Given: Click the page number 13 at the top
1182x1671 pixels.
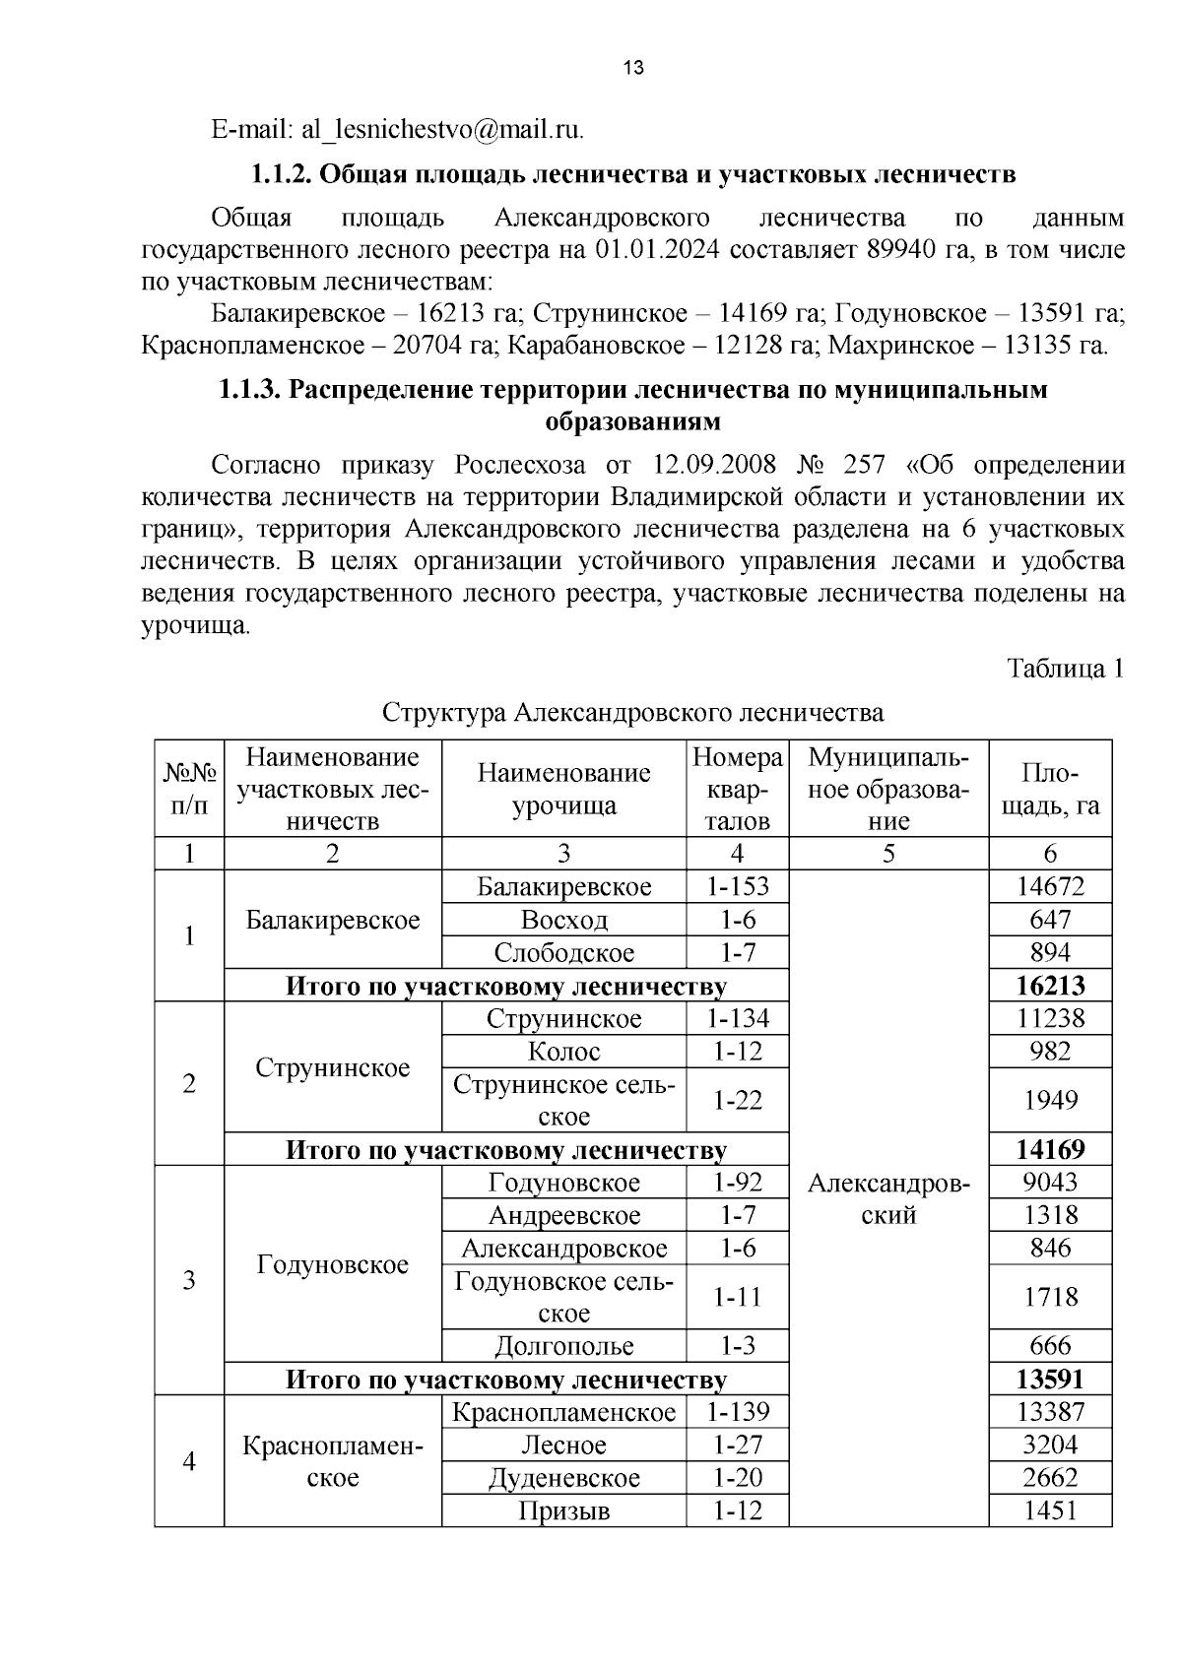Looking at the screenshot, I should click(x=633, y=68).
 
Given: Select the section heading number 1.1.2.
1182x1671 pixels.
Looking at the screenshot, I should click(x=282, y=174).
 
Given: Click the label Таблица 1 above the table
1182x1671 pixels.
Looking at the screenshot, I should click(x=1065, y=669).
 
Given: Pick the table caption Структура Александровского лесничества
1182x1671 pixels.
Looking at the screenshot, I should click(x=632, y=712).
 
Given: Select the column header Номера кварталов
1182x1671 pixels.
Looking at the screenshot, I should click(x=737, y=789).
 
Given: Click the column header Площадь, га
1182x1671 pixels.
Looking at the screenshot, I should click(x=1050, y=789).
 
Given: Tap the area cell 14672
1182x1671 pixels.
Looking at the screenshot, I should click(x=1050, y=886).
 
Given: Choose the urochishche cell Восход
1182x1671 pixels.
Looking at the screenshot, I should click(x=563, y=920).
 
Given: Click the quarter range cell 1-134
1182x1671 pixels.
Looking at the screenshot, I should click(x=737, y=1018).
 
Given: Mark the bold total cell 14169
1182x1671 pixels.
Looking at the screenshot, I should click(x=1050, y=1149).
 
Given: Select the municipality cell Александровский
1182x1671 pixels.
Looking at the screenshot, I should click(x=888, y=1198).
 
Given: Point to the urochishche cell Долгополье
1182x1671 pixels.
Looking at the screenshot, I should click(x=563, y=1346).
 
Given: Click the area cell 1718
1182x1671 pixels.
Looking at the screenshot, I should click(x=1050, y=1297).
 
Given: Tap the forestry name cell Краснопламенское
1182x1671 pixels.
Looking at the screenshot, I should click(x=332, y=1461).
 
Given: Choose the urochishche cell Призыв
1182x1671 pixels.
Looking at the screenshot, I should click(x=563, y=1510).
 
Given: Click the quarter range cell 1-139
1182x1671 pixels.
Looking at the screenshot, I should click(x=737, y=1412).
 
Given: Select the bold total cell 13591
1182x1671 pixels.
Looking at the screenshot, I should click(x=1050, y=1379).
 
